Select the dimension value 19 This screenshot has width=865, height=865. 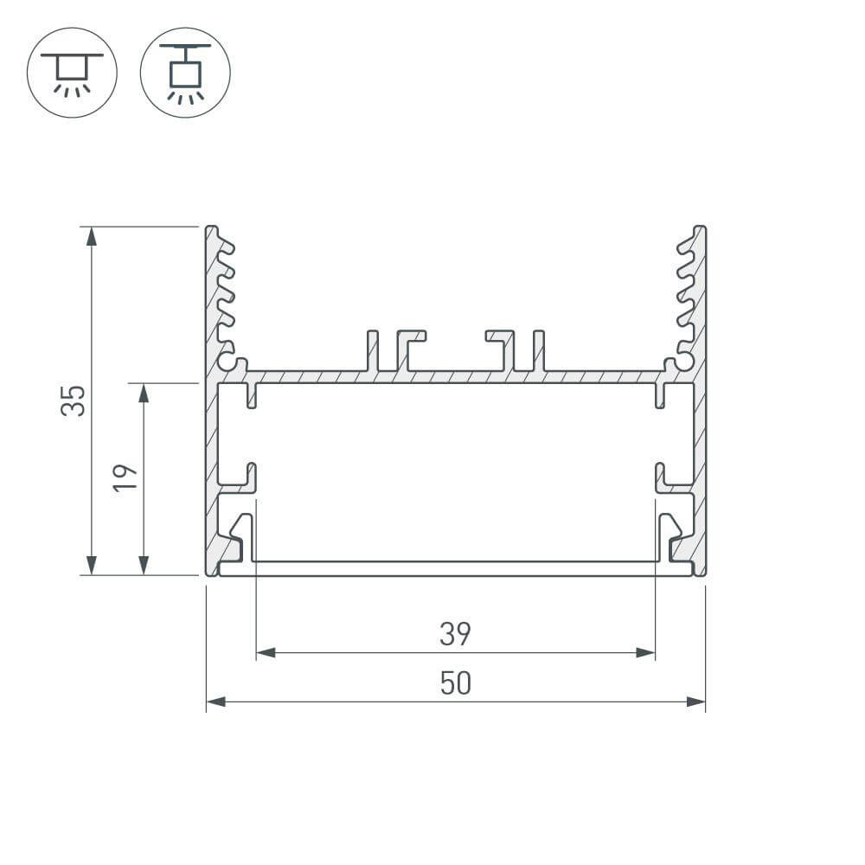tap(126, 477)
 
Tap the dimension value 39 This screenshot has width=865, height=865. tap(455, 634)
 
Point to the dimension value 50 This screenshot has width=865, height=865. tap(455, 683)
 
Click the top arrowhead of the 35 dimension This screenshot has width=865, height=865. tap(91, 235)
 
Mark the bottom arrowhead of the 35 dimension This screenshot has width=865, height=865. tap(91, 566)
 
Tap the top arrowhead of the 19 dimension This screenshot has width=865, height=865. tap(144, 392)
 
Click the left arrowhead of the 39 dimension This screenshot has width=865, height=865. tap(266, 652)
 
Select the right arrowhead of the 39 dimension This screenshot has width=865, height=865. tap(645, 652)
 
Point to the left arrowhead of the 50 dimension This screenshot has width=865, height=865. tap(215, 702)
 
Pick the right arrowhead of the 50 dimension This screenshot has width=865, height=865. tap(696, 702)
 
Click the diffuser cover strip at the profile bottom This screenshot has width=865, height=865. tap(456, 569)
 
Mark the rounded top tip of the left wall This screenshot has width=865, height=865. tap(211, 229)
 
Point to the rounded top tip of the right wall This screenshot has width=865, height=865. tap(700, 229)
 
